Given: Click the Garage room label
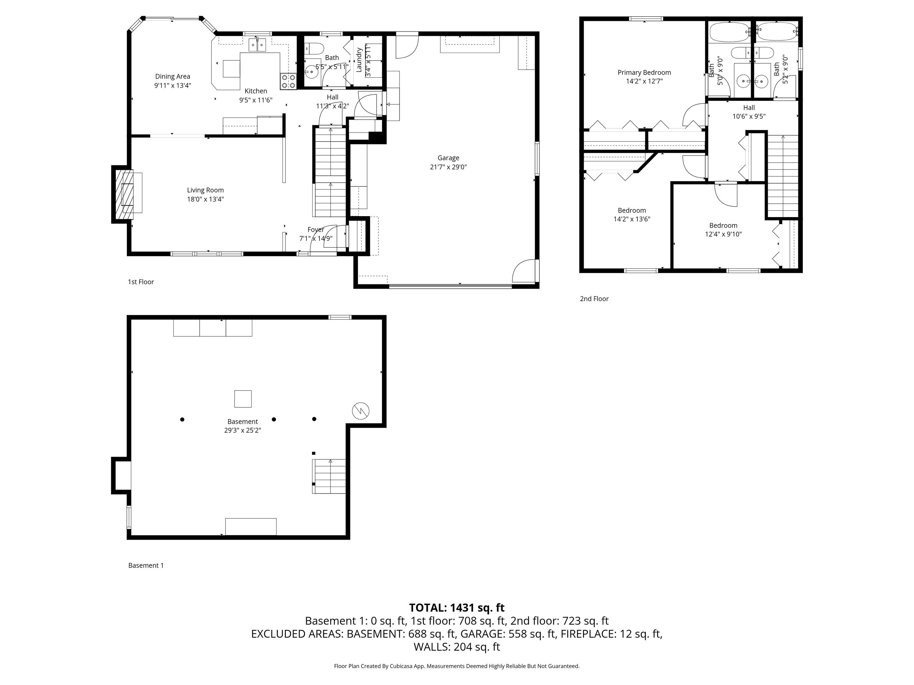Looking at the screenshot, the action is (448, 158).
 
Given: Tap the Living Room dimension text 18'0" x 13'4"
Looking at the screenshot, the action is (205, 199).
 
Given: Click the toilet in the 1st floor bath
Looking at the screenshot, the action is (312, 49).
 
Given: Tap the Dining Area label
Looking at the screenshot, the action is (173, 76).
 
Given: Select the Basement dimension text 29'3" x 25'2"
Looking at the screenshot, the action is (243, 430).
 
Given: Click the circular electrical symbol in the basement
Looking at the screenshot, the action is (361, 411).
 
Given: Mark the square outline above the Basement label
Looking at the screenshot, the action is (243, 399).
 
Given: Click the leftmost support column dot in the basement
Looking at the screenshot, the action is (182, 420).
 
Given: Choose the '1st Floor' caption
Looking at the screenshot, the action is (141, 282).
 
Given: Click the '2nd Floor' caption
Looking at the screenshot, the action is (594, 299).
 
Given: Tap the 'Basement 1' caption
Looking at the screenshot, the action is (146, 566).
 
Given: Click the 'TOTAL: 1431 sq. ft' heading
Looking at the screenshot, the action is (457, 608).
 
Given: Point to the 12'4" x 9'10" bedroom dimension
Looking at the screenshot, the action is (723, 234).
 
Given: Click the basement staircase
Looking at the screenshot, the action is (329, 476).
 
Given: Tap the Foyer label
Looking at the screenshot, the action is (316, 230).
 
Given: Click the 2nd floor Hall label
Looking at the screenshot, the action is (749, 108).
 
